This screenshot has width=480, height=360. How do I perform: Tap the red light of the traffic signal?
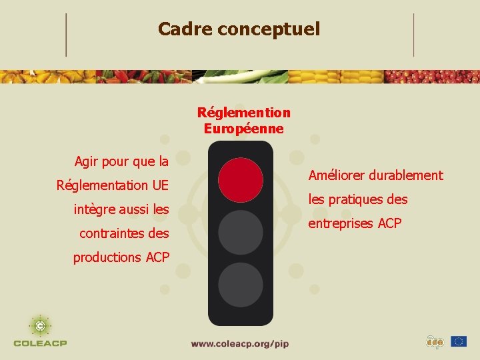(x=241, y=180)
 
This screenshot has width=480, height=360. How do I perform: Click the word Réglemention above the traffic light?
(x=244, y=113)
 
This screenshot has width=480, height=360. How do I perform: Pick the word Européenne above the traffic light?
(x=244, y=129)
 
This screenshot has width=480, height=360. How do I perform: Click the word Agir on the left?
(x=87, y=161)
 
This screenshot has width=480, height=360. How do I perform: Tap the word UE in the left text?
(x=160, y=185)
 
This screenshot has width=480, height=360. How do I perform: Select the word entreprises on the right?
(x=341, y=223)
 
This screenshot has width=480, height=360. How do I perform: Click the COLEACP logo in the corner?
(x=40, y=331)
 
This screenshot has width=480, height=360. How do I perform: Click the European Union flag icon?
(x=458, y=341)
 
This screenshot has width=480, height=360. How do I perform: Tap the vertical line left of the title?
(x=66, y=35)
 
